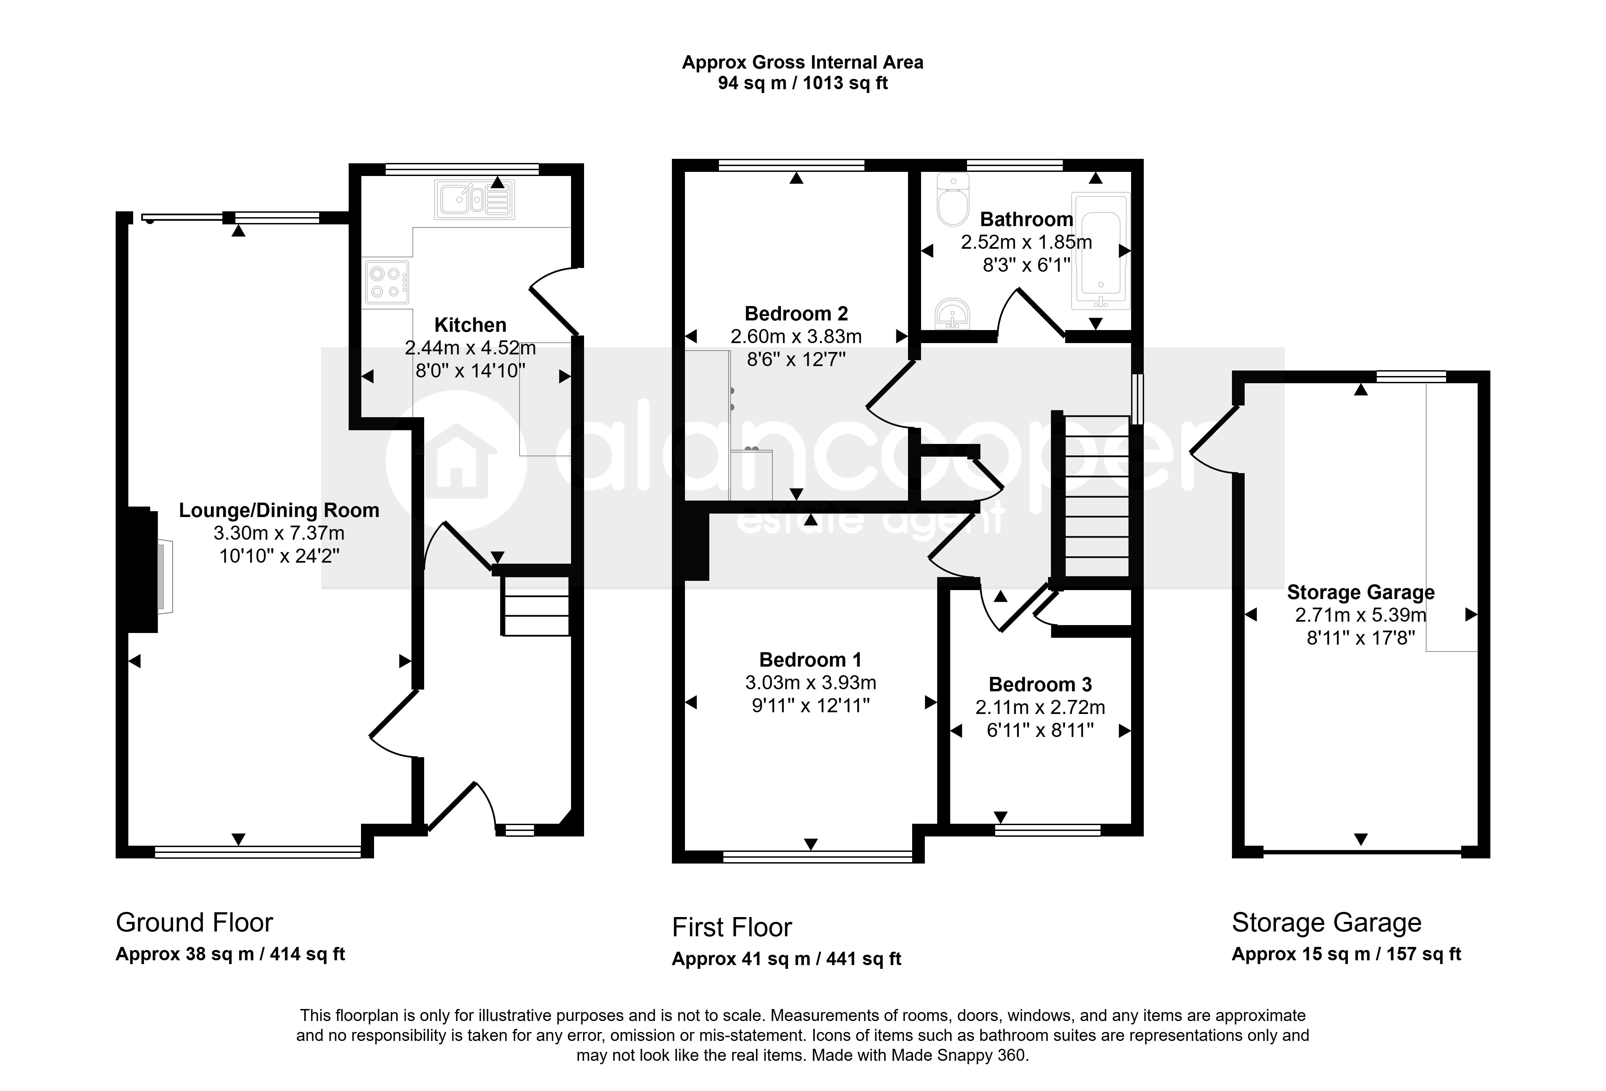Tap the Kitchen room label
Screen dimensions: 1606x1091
[x=470, y=325]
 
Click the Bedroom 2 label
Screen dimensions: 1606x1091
[x=796, y=314]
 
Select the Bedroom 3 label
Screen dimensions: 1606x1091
[x=1040, y=685]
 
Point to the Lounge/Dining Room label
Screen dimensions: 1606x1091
[x=279, y=511]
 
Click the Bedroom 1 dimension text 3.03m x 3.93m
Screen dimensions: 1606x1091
[x=811, y=683]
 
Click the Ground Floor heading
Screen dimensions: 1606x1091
[x=194, y=923]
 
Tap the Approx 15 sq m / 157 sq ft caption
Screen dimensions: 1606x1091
[x=1346, y=954]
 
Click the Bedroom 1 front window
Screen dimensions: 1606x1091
[x=817, y=857]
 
